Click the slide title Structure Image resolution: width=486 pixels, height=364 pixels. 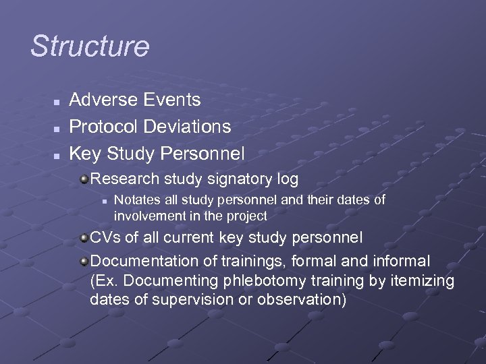click(90, 47)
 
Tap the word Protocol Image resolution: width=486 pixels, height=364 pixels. click(102, 126)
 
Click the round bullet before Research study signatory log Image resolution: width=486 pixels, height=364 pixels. click(84, 179)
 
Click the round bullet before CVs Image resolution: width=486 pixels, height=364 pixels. click(84, 238)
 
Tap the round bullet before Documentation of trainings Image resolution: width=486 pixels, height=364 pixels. click(84, 260)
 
